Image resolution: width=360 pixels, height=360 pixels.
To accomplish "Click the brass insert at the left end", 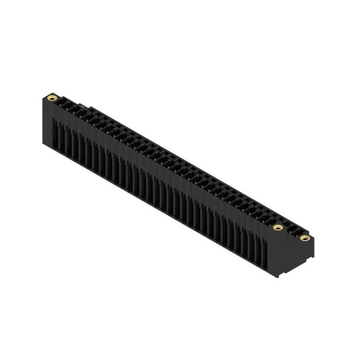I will pyautogui.click(x=52, y=98).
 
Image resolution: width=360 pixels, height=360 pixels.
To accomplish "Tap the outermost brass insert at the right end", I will pyautogui.click(x=304, y=237).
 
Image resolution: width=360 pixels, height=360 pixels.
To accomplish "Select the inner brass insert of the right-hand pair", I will pyautogui.click(x=278, y=228).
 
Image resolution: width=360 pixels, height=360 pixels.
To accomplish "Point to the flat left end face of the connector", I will pyautogui.click(x=46, y=122).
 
